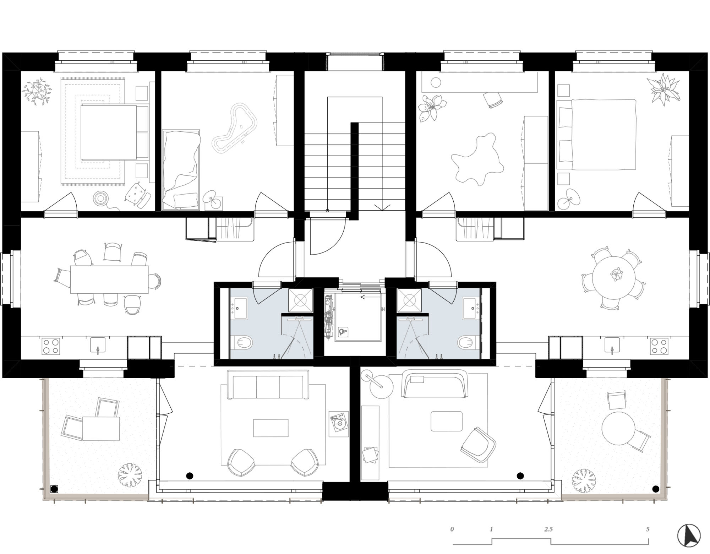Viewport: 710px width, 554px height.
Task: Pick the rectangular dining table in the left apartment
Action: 109,279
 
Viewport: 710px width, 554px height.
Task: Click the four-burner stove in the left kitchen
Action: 50,346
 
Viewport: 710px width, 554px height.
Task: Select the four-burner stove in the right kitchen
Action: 659,346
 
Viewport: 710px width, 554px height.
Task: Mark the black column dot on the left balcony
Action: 54,489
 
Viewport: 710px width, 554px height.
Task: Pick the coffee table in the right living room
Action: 446,421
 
